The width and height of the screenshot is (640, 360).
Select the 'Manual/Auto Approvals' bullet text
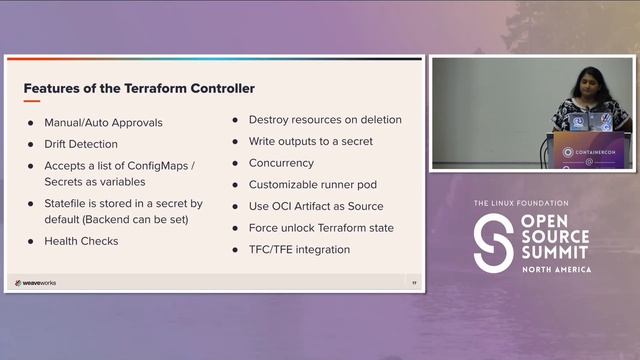[103, 123]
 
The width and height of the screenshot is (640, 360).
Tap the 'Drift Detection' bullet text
[81, 144]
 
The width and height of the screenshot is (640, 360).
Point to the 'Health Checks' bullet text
[81, 241]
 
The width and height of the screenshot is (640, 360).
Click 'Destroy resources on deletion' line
[325, 119]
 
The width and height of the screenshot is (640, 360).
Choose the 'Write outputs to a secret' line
[310, 141]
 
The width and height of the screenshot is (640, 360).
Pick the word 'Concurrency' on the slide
[281, 163]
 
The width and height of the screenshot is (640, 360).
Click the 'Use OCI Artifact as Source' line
[316, 206]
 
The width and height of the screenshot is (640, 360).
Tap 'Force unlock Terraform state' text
[321, 228]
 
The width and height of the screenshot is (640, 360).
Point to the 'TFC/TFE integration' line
[299, 249]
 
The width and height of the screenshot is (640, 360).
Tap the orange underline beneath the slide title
[31, 100]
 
